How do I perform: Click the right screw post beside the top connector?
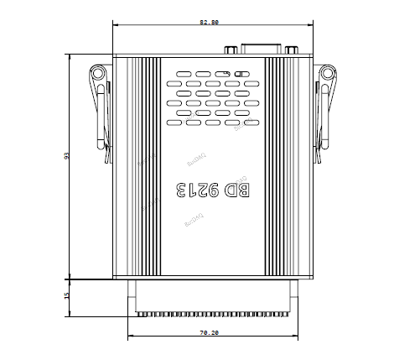[291, 50]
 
